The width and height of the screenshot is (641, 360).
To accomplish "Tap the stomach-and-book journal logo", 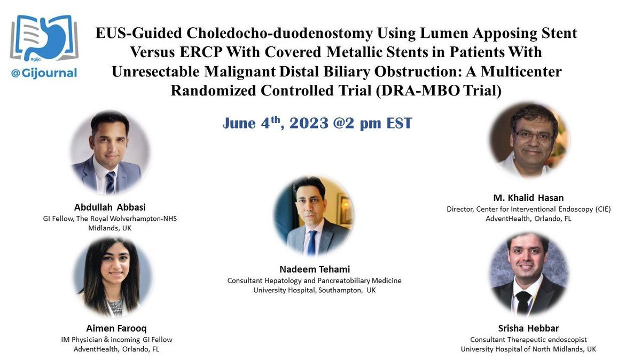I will [44, 38].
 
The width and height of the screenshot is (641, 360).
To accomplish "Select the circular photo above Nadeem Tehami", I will [313, 215].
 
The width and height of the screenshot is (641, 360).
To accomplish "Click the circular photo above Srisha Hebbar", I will [528, 273].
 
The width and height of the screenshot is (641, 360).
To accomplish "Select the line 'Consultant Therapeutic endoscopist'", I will [528, 339].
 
